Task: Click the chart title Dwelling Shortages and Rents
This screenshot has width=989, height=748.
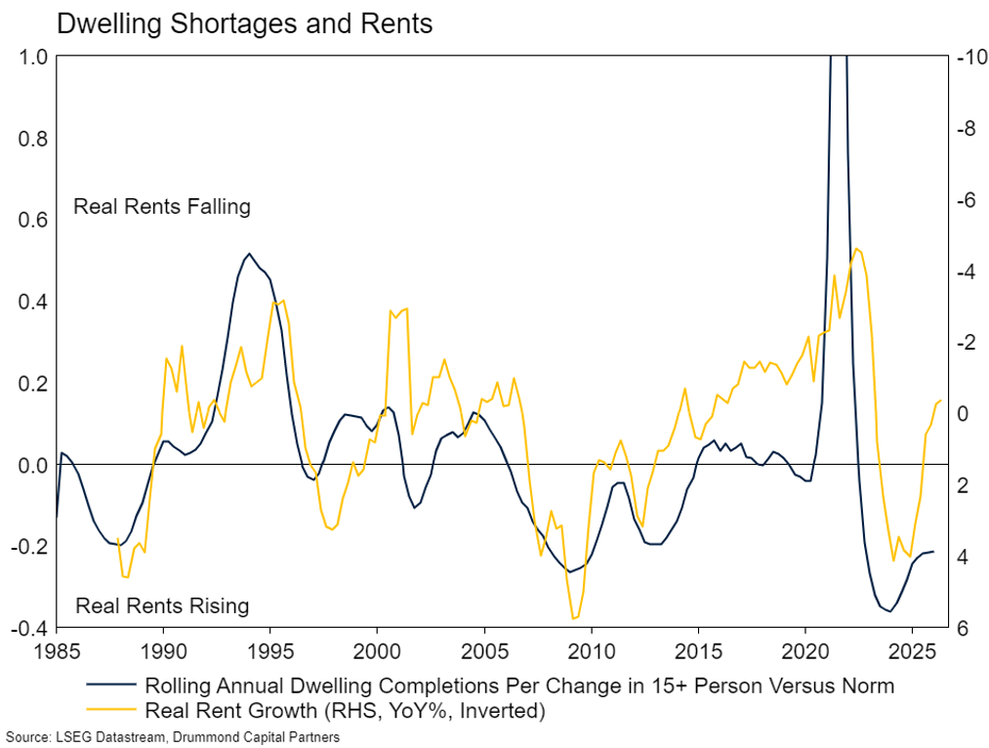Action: click(x=245, y=24)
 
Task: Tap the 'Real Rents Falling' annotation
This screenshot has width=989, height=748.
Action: click(x=162, y=207)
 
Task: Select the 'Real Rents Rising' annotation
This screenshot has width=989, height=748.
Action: click(x=162, y=605)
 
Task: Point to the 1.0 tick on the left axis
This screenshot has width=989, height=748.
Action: click(x=33, y=57)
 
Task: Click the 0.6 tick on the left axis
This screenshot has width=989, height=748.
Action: click(x=33, y=220)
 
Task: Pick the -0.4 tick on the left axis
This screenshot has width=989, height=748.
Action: click(x=29, y=628)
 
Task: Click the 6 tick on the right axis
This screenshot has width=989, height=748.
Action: click(x=964, y=628)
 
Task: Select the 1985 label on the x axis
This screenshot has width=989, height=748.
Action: click(x=57, y=651)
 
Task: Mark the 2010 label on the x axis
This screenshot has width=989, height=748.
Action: click(x=591, y=651)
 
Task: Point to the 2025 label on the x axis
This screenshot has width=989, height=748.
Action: click(x=912, y=651)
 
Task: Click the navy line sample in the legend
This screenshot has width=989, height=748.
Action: click(x=111, y=685)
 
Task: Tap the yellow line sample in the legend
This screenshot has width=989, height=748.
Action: click(x=111, y=710)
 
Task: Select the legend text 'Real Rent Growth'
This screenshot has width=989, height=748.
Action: click(x=230, y=710)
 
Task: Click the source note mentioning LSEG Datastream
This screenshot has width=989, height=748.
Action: click(x=173, y=736)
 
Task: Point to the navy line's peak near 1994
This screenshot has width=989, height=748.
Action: click(x=249, y=254)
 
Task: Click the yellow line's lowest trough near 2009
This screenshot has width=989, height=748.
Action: click(x=573, y=619)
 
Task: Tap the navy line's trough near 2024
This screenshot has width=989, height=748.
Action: click(x=890, y=611)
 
